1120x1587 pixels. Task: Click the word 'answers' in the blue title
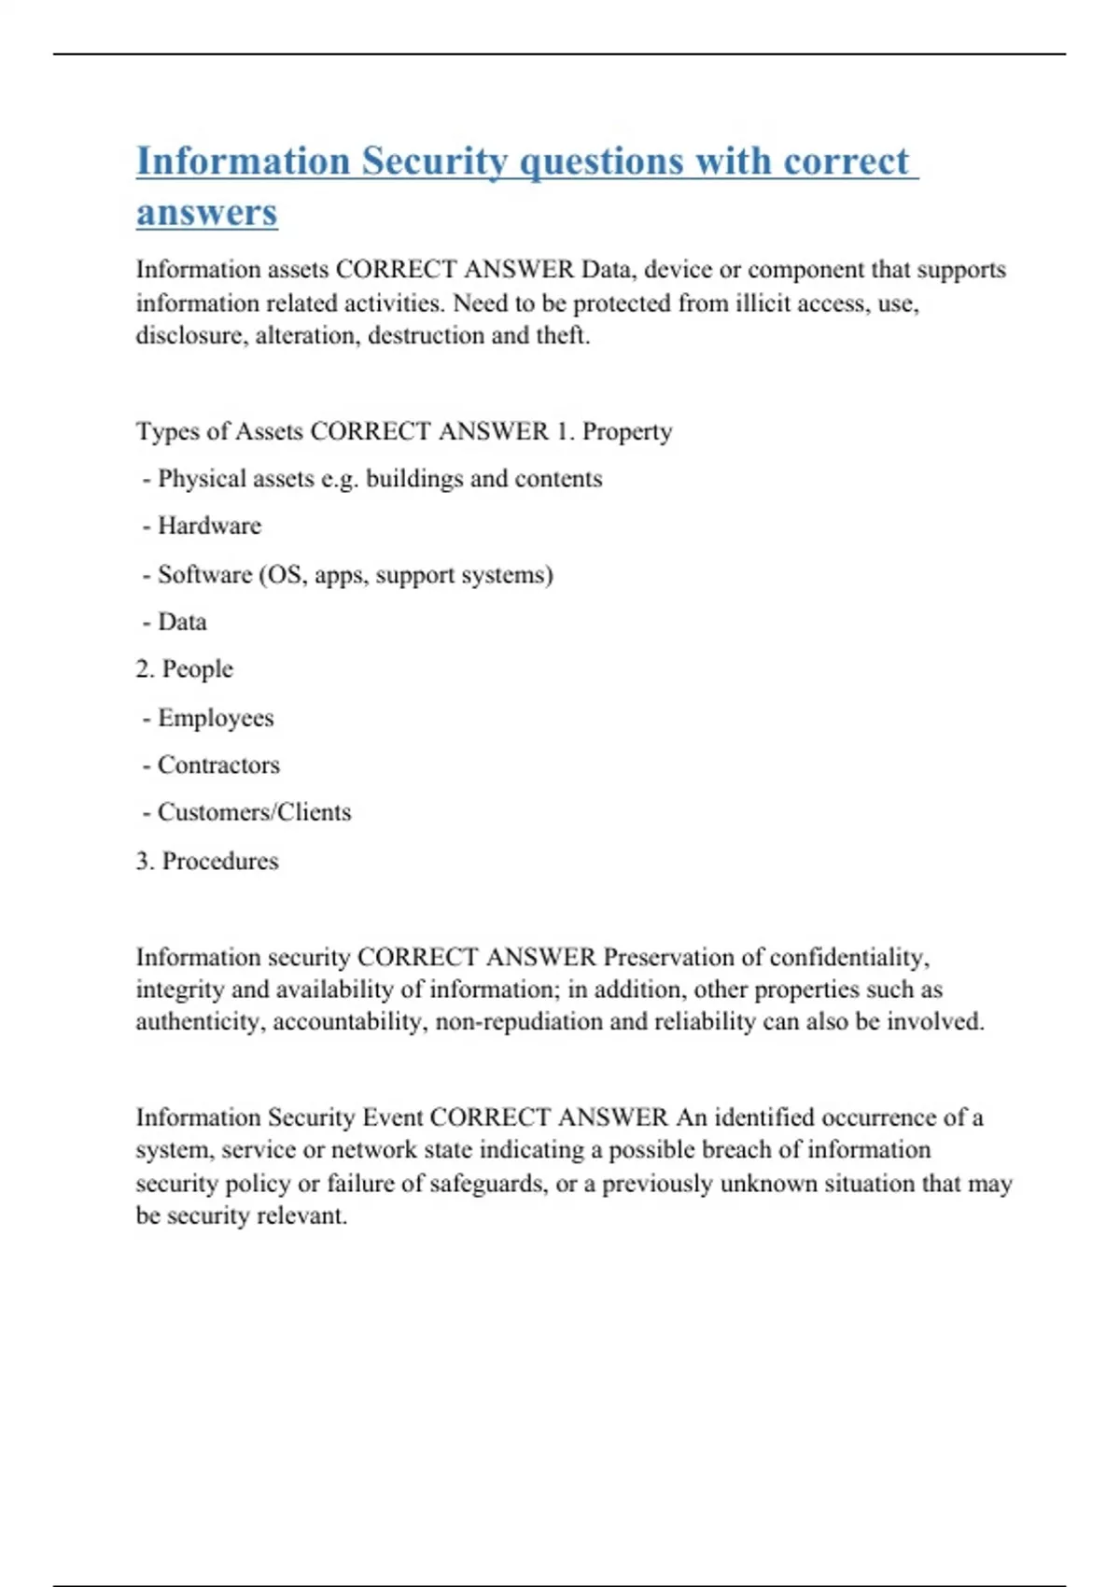point(207,213)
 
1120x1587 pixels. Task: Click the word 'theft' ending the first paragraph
point(562,336)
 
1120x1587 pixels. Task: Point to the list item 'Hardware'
point(209,526)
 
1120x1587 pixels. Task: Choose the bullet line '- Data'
point(175,622)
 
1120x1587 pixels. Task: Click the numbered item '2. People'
point(185,669)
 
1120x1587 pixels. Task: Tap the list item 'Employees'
point(216,718)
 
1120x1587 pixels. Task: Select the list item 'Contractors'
point(218,765)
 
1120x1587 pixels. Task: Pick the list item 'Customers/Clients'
point(254,812)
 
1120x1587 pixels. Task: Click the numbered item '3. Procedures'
point(207,861)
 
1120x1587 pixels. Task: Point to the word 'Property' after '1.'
point(627,431)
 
